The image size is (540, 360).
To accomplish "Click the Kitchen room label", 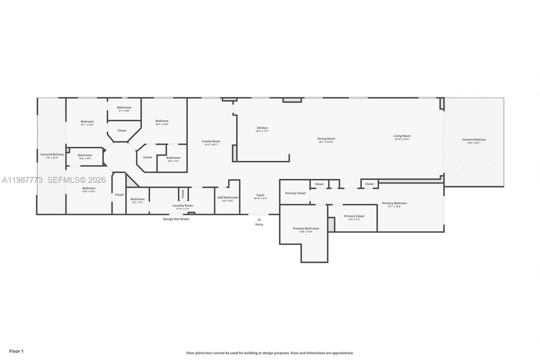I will point(262,128).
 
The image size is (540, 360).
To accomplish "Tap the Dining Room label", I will point(326,138).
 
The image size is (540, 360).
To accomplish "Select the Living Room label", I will point(402,136).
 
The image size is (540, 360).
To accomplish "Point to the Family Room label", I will point(211,141).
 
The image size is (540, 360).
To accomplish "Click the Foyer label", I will point(260,195).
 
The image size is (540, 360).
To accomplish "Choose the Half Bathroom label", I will point(228,198).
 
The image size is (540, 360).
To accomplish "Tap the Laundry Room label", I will point(182,206).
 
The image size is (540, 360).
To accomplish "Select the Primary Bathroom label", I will point(305,228).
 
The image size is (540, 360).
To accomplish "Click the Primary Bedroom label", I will point(394,203).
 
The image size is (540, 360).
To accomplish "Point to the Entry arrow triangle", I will point(259,219).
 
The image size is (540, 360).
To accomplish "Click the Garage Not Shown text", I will point(176,219).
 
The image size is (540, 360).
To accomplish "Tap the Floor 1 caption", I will point(16,351).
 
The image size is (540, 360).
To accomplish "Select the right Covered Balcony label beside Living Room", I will point(474,140).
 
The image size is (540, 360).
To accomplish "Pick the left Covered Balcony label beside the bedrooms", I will point(52,154).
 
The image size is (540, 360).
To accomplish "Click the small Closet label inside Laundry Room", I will point(183,194).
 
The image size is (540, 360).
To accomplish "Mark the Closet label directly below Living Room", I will point(370,184).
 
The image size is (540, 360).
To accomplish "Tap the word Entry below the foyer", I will point(259,225).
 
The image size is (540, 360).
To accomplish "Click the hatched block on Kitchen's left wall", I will point(234,153).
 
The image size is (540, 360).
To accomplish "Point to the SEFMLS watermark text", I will point(76,180).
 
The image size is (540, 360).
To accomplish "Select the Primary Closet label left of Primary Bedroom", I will point(295,193).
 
